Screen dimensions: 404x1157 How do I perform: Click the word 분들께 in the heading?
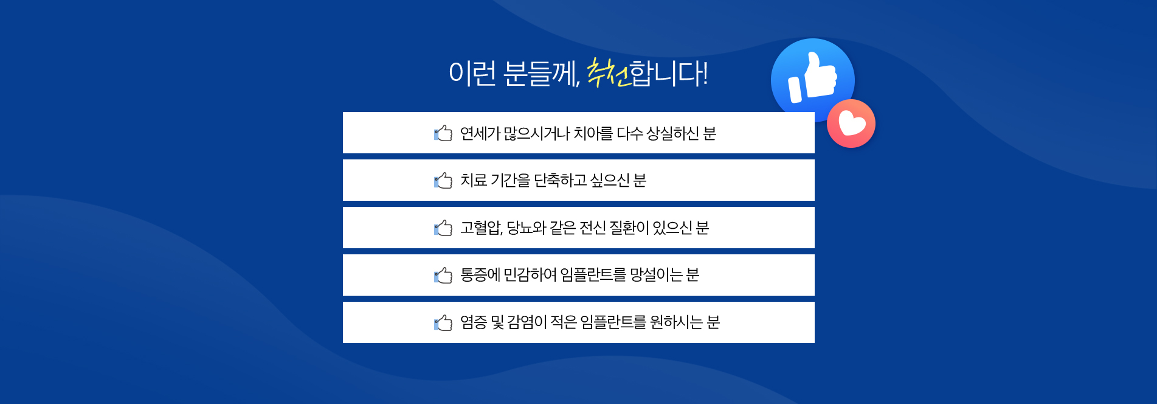pyautogui.click(x=541, y=74)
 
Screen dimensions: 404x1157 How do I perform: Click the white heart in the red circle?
pyautogui.click(x=851, y=124)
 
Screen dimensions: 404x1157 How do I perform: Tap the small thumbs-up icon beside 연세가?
pyautogui.click(x=443, y=133)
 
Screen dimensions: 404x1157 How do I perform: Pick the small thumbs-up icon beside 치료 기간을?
pyautogui.click(x=443, y=181)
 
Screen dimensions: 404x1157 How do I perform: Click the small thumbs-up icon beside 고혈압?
pyautogui.click(x=443, y=228)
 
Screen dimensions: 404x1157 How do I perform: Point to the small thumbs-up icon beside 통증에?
pyautogui.click(x=443, y=276)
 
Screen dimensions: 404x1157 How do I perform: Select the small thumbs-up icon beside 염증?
pyautogui.click(x=443, y=323)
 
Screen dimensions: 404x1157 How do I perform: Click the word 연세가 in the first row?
pyautogui.click(x=480, y=133)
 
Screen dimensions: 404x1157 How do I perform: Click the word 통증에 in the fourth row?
pyautogui.click(x=480, y=275)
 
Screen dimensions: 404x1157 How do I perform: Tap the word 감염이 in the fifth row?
pyautogui.click(x=527, y=322)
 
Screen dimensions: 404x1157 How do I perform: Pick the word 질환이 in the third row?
pyautogui.click(x=629, y=228)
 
